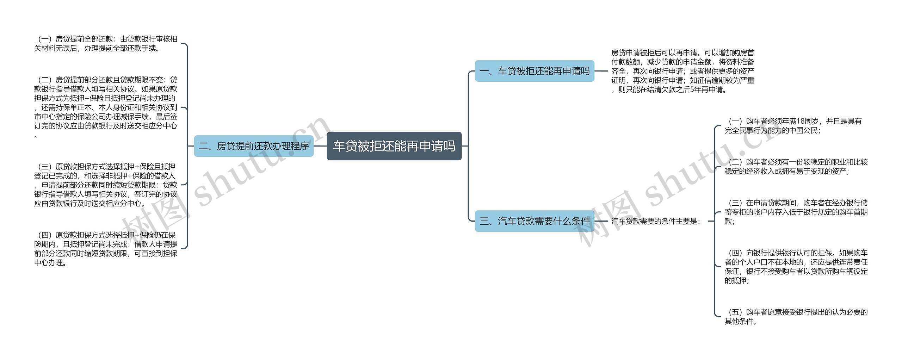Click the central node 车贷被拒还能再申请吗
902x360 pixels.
394,146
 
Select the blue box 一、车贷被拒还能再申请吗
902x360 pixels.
534,71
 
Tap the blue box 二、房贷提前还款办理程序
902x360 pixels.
254,146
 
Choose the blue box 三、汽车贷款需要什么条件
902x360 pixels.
534,221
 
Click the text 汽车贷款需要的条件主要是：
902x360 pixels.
656,221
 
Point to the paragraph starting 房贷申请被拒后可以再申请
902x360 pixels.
682,71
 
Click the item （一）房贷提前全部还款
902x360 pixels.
106,44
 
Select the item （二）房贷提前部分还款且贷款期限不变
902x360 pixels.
106,107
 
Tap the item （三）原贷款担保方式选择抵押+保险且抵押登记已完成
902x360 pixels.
106,185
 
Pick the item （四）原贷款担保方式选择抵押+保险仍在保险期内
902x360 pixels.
106,249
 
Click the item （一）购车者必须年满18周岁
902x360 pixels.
793,126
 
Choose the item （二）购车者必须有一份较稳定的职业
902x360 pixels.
796,167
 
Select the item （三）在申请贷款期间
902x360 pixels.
796,212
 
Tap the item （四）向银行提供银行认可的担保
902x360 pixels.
796,267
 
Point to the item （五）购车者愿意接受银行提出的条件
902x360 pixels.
796,316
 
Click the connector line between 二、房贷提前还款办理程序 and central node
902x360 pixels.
320,146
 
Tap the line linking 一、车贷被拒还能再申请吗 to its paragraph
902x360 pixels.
601,71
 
